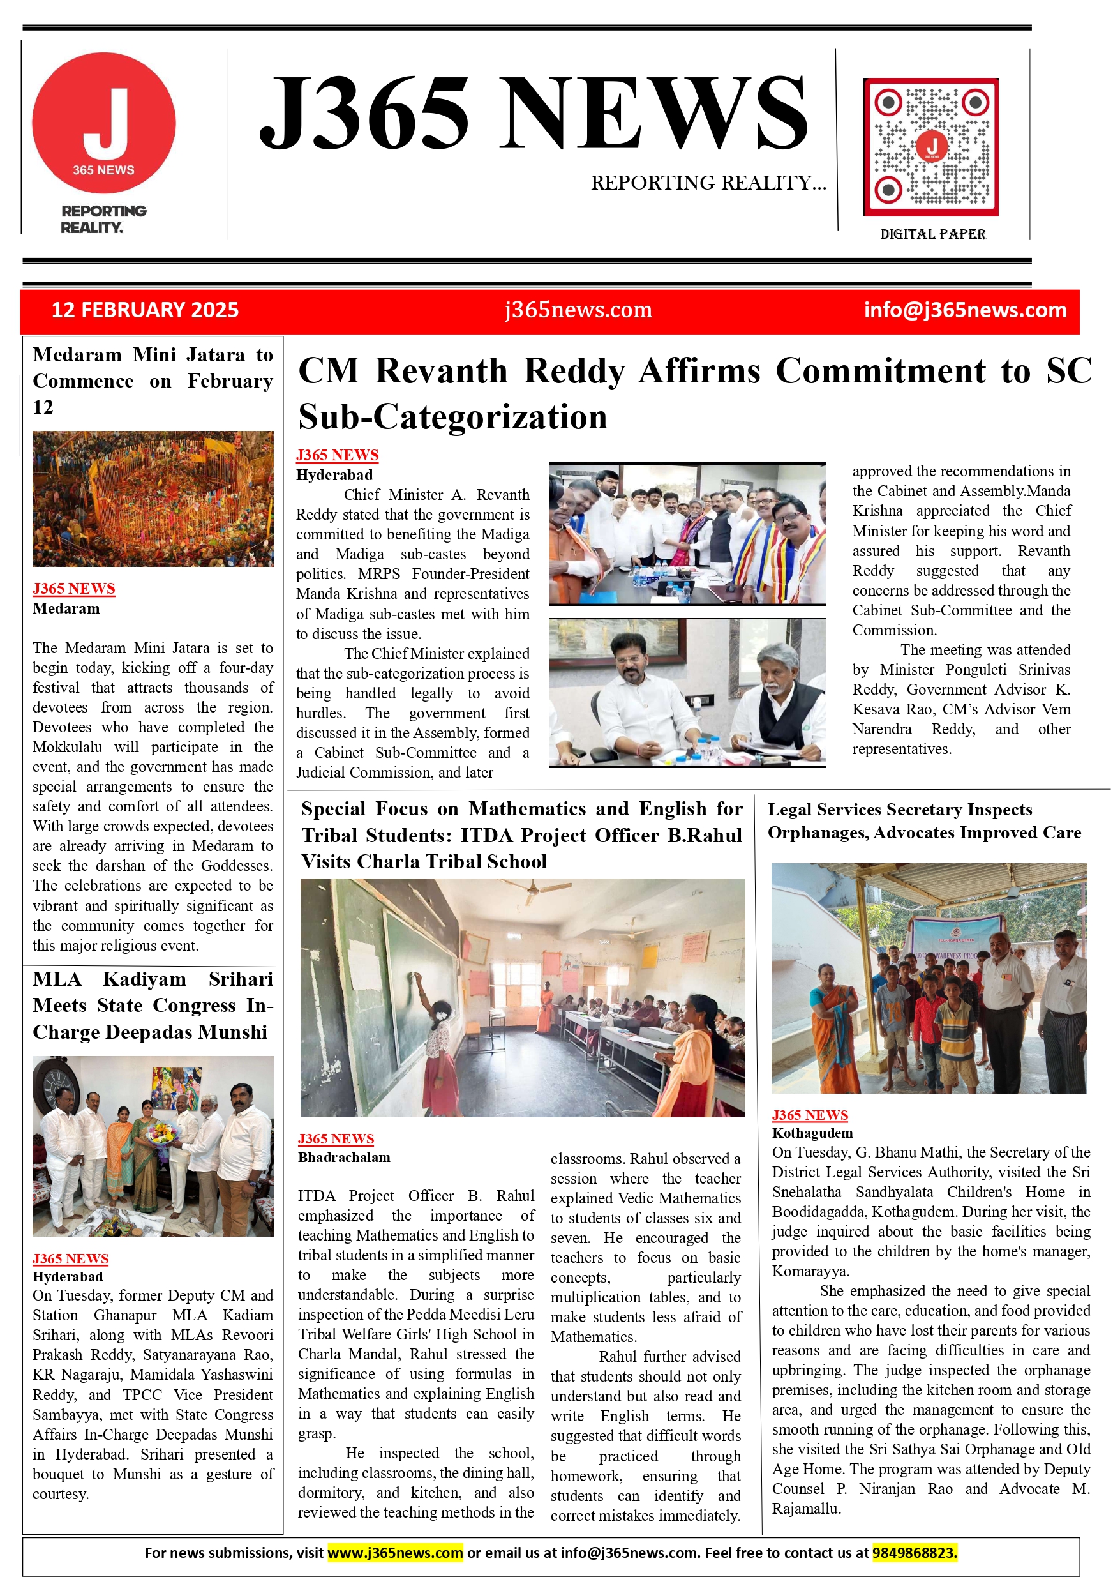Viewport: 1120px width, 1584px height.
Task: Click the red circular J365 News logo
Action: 104,123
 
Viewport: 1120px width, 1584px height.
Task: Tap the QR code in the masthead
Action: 930,147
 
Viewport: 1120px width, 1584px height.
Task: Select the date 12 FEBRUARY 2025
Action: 145,310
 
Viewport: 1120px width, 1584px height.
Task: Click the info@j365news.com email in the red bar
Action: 965,310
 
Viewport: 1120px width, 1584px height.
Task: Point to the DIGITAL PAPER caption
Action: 932,234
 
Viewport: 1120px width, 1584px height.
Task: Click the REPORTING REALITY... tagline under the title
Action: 708,183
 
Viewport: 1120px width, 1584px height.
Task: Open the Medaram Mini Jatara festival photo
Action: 153,498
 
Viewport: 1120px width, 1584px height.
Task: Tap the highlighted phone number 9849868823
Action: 915,1553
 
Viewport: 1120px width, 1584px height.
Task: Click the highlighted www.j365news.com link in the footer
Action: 395,1553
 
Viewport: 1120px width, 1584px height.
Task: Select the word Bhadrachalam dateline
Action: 344,1158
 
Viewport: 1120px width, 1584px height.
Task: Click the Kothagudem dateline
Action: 812,1133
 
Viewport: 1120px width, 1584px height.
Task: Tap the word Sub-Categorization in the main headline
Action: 452,417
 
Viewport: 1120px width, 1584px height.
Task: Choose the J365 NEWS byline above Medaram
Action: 74,589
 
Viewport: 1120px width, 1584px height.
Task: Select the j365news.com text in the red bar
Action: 578,310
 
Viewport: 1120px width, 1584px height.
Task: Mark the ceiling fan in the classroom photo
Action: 529,896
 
